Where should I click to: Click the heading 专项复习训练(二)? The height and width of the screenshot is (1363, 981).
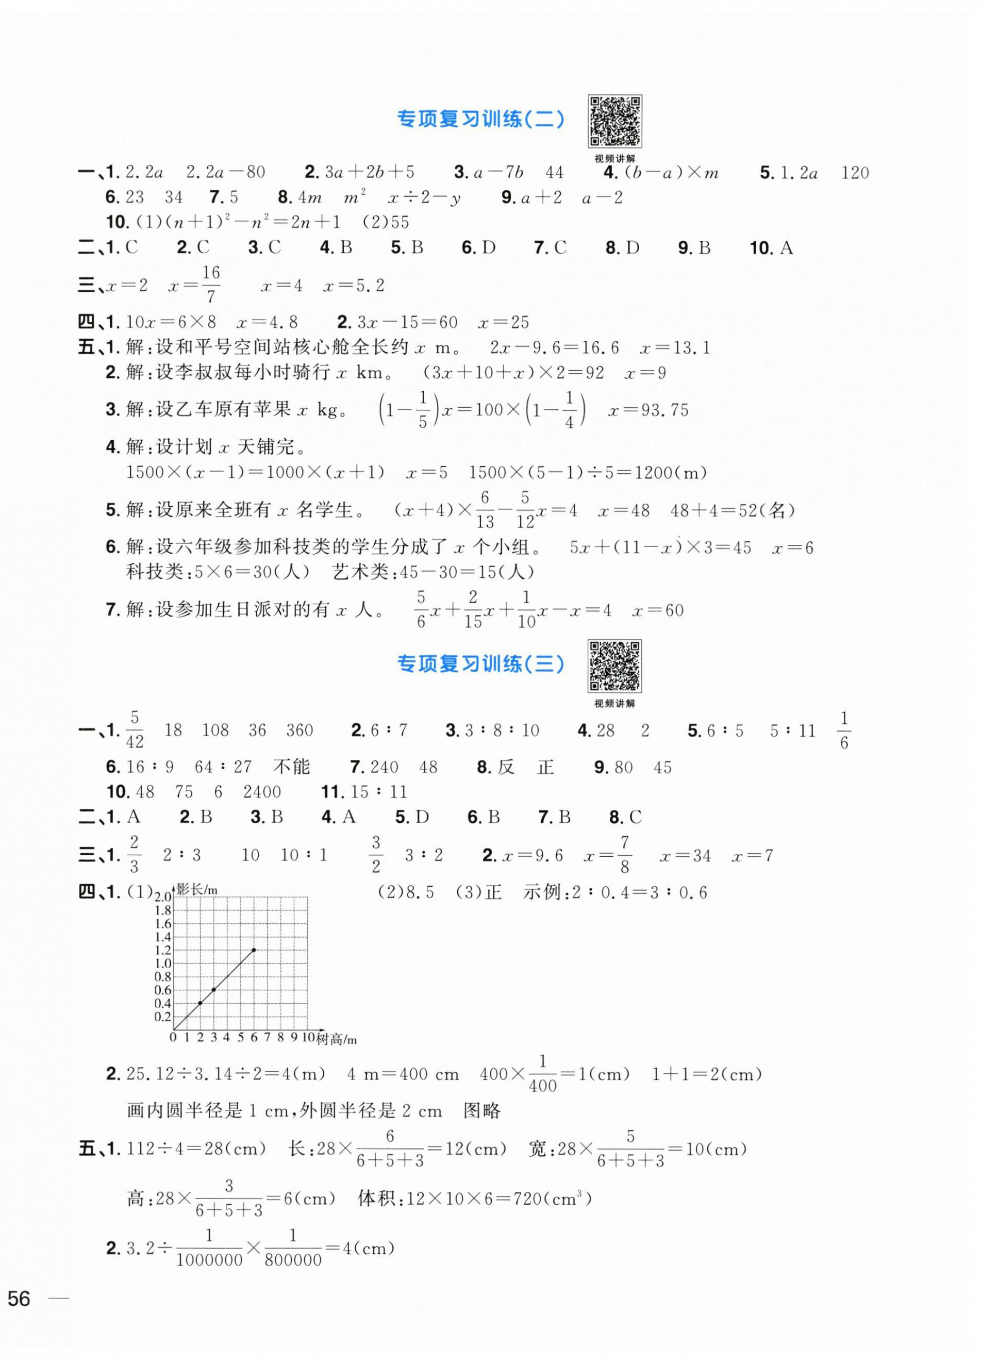click(x=481, y=120)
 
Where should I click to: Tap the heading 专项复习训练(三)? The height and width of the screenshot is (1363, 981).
click(x=481, y=664)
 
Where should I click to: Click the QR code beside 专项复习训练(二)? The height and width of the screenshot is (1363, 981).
click(x=614, y=121)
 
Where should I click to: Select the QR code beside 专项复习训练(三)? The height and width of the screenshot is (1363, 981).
click(x=614, y=666)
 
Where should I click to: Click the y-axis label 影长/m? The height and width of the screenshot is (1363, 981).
click(x=197, y=889)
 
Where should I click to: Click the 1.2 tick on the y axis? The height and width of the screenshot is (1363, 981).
click(x=163, y=950)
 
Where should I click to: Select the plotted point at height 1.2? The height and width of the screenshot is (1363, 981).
click(x=254, y=950)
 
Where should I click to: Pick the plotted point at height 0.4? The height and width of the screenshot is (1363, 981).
click(x=200, y=1003)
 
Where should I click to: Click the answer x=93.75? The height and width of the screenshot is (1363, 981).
click(x=648, y=410)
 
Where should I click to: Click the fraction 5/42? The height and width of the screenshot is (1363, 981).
click(x=135, y=729)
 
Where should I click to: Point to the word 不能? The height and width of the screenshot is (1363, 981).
click(x=292, y=767)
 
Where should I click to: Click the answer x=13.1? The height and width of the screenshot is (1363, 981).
click(x=675, y=348)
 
